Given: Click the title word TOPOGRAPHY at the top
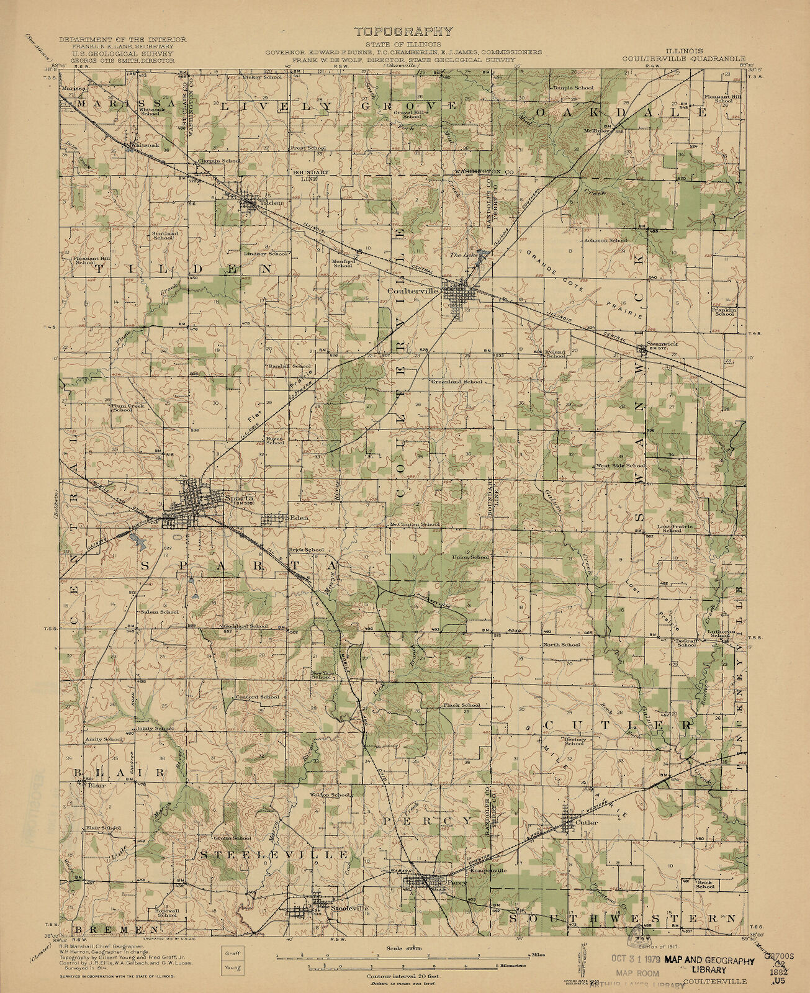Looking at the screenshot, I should (403, 32).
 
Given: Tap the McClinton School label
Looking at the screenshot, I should (414, 525).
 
